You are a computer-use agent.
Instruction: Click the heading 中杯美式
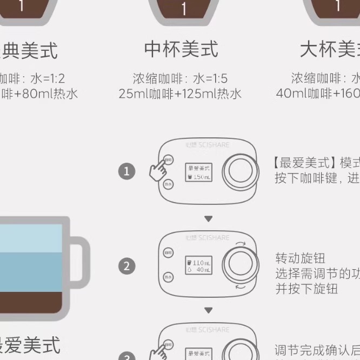(181, 50)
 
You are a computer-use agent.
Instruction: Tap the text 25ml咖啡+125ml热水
(180, 94)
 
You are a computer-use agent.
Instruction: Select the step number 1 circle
(126, 172)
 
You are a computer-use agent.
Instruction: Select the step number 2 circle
(126, 266)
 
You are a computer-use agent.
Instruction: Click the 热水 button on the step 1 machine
(168, 184)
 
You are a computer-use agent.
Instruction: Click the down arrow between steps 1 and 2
(208, 218)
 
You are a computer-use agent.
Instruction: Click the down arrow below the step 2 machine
(208, 311)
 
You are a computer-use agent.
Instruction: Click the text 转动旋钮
(301, 258)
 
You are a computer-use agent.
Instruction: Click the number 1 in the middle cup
(184, 8)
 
